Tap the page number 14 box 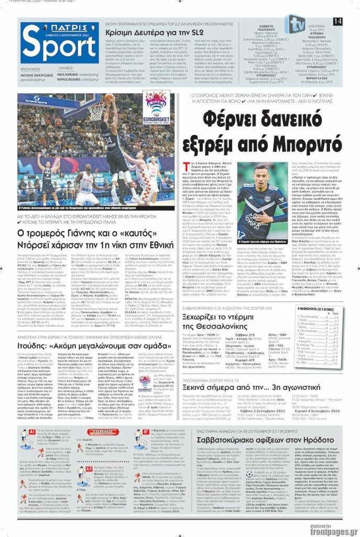(337, 22)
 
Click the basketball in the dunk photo (109, 97)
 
